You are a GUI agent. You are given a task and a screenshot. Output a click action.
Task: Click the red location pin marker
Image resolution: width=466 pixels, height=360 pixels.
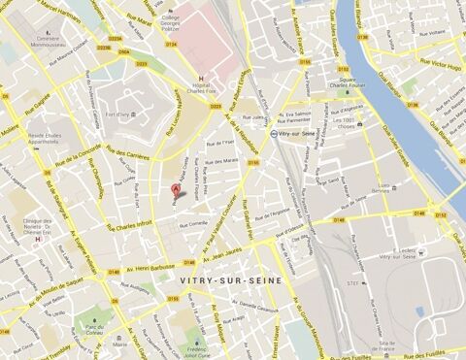176,189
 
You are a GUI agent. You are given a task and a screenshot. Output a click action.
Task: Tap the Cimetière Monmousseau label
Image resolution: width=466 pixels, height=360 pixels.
48,43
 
